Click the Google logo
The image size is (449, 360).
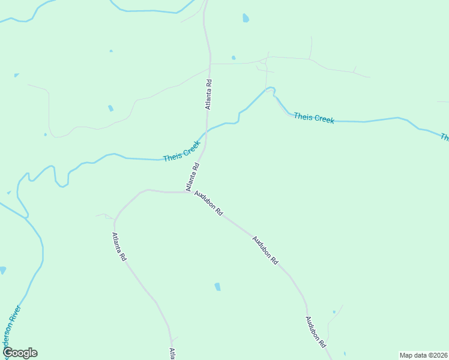[x=20, y=353]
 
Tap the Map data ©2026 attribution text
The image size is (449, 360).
[x=423, y=355]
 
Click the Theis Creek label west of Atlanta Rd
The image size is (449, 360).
[x=181, y=152]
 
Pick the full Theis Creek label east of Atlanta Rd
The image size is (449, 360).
[x=313, y=118]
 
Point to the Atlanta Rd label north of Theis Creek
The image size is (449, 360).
[x=209, y=95]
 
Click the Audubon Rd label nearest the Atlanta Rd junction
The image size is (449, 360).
[x=208, y=204]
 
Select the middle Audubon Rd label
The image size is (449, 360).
[x=265, y=250]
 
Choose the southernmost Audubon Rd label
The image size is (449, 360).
[x=315, y=332]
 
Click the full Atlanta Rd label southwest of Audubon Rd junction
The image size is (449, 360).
[x=119, y=247]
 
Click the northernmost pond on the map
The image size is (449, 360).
[x=246, y=18]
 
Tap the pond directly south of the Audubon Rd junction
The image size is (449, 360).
[x=217, y=287]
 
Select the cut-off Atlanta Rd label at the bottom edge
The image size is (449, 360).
[x=172, y=353]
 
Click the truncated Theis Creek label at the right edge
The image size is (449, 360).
[x=444, y=137]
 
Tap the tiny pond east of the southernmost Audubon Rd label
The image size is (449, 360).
[x=334, y=312]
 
